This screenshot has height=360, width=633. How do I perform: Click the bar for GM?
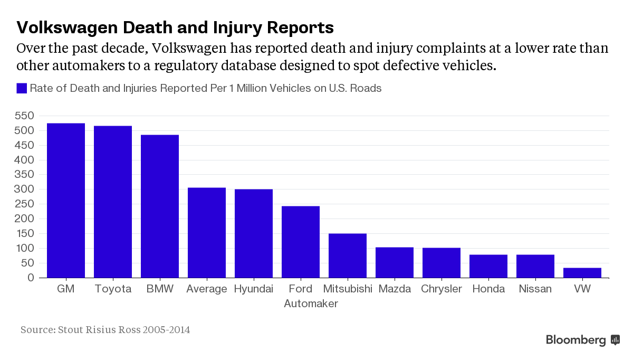(66, 201)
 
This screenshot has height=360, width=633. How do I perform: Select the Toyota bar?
(113, 202)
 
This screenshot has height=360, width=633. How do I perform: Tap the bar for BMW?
(160, 206)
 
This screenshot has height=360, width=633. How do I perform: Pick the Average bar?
(207, 233)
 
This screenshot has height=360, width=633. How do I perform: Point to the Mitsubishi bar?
(348, 255)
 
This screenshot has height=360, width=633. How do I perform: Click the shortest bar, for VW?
(582, 272)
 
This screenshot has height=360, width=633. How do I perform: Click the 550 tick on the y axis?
(24, 116)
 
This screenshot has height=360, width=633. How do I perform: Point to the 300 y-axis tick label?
(24, 189)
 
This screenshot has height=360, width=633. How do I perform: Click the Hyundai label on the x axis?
(254, 289)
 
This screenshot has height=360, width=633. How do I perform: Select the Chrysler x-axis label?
(442, 289)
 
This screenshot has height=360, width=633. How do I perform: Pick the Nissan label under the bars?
(535, 289)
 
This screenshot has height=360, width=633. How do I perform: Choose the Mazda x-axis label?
(395, 289)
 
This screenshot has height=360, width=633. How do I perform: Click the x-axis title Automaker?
(311, 304)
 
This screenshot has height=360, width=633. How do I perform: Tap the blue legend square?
(22, 88)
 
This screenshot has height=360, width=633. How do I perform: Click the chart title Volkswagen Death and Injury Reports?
(175, 27)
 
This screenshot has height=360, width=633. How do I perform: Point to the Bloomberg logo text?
(576, 340)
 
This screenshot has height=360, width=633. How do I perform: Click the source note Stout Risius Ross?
(105, 330)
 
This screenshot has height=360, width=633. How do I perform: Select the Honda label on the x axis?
(488, 289)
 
